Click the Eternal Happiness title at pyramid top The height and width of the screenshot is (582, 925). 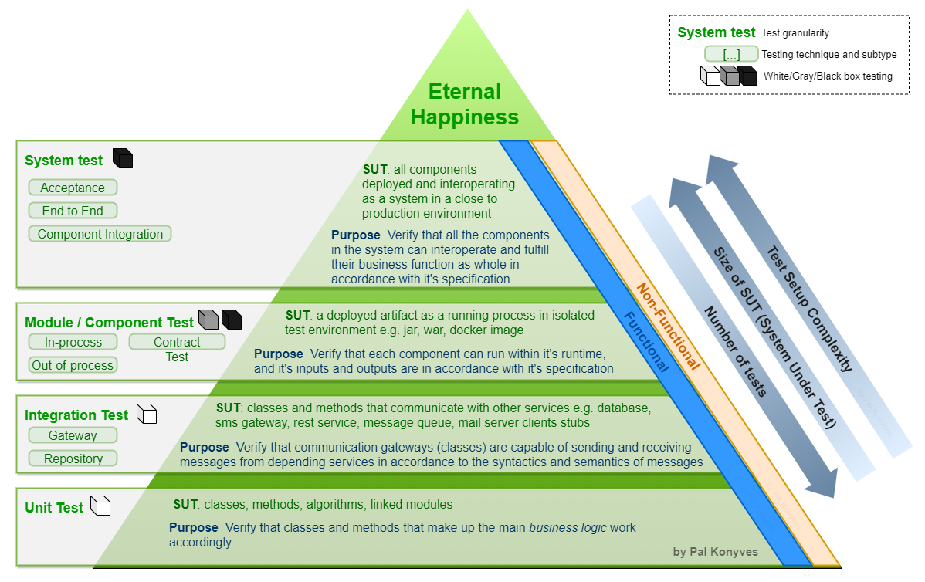[x=465, y=104]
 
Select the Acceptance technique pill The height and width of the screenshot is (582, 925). [x=73, y=188]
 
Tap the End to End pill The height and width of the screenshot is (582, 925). [x=73, y=211]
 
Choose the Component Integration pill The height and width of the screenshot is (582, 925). [x=100, y=234]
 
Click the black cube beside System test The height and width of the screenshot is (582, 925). [x=123, y=159]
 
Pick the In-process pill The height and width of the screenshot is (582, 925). [x=73, y=342]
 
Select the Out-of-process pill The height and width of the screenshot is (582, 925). [x=73, y=365]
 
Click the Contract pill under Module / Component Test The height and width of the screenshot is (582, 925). [x=177, y=342]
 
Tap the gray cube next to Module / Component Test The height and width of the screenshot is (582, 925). [x=208, y=320]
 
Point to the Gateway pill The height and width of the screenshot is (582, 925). [x=73, y=435]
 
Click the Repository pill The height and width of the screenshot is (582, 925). [x=73, y=458]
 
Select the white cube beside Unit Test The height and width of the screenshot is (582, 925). [x=100, y=506]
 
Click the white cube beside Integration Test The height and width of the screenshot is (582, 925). [x=147, y=414]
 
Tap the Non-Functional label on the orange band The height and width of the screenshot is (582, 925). [x=667, y=326]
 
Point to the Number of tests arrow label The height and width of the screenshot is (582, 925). [x=735, y=351]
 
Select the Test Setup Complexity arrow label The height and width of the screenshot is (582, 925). [x=809, y=309]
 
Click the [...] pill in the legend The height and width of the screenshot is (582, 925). [x=730, y=54]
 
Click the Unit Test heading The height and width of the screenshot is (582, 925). [x=54, y=507]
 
